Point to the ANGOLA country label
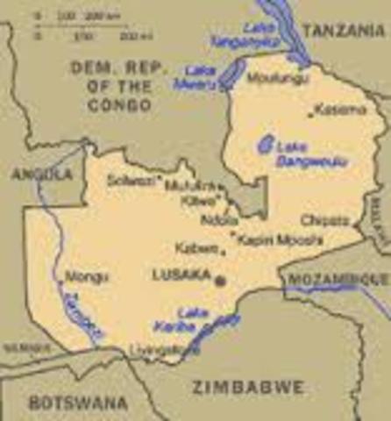coord(41,175)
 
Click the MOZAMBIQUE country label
coord(337,278)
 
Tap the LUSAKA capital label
coord(181,275)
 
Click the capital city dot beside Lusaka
coord(220,281)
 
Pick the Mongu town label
coord(87,276)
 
